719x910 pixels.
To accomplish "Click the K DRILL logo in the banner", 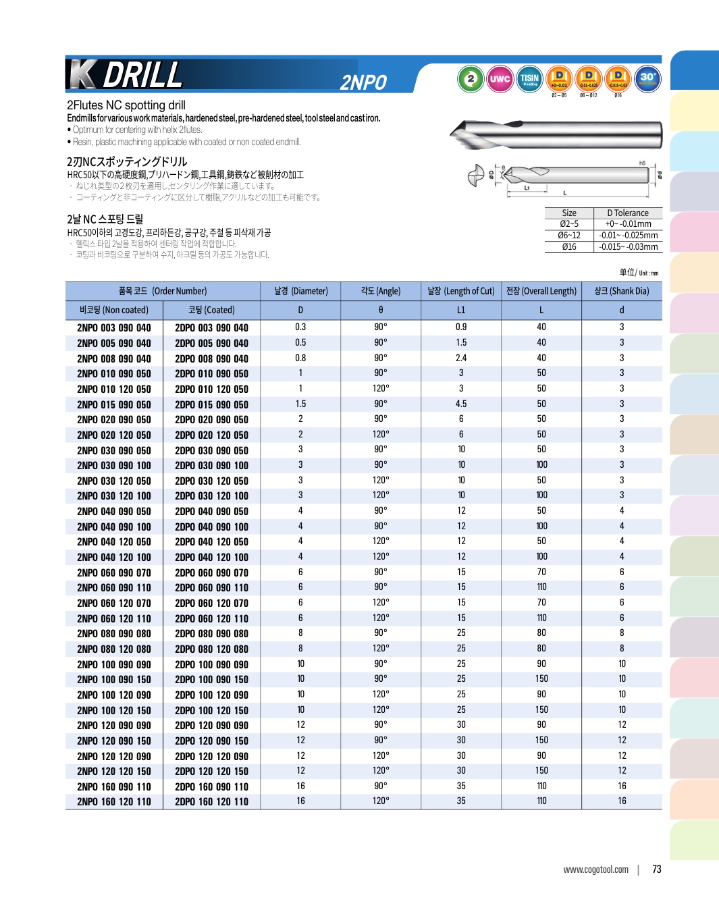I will click(126, 75).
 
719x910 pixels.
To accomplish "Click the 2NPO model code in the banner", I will click(363, 82).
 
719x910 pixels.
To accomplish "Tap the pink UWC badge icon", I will click(500, 79).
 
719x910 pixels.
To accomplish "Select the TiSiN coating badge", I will click(529, 79).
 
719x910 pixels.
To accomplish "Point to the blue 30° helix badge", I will click(647, 78).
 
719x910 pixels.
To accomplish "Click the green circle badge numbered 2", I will click(471, 79).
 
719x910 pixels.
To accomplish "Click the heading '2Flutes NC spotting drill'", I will click(126, 105).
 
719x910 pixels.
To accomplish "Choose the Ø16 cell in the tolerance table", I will click(569, 247).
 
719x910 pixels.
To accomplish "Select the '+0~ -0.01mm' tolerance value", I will click(628, 224).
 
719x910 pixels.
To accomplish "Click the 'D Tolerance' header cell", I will click(628, 213).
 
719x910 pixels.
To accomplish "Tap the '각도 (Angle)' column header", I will click(381, 291).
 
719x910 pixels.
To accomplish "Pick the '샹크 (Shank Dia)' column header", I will click(621, 291).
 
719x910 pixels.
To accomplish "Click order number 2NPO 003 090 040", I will click(114, 328).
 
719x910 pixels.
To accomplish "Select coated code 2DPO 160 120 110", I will click(211, 802).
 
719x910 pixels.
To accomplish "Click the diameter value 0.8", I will click(300, 358).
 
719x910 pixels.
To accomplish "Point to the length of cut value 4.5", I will click(461, 404).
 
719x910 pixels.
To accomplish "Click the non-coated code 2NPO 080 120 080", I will click(114, 649).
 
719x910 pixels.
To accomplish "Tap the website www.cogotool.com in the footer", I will click(595, 869).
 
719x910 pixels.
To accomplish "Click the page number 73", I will click(657, 869).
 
